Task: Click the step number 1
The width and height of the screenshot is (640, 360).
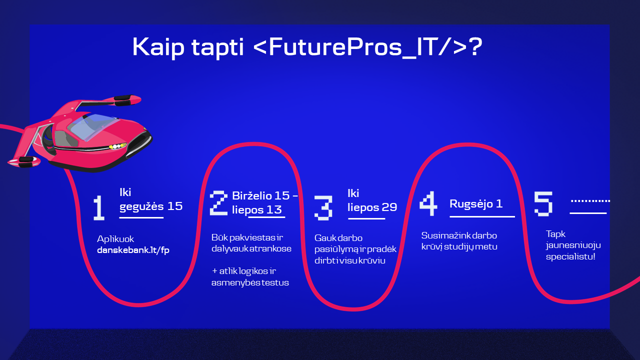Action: (x=99, y=207)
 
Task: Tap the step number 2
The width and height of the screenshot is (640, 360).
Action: (x=218, y=203)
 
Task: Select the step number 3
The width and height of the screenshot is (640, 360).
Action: (x=323, y=208)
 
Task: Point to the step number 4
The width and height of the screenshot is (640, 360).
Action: (x=428, y=203)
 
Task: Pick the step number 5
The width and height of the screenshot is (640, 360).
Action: (x=543, y=203)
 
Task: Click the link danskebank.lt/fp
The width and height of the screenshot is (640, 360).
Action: (x=133, y=250)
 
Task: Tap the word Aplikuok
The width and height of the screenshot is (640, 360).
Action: (x=115, y=239)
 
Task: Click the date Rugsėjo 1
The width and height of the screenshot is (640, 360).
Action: (x=476, y=203)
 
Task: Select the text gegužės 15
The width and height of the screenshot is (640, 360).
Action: (x=151, y=206)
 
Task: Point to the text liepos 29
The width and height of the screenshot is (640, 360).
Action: (x=372, y=207)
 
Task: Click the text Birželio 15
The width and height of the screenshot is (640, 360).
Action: (x=261, y=195)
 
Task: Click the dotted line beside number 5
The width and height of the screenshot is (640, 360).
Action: (x=590, y=201)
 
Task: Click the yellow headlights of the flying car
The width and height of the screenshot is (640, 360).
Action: (x=117, y=146)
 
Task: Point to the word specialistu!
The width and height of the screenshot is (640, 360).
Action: (x=570, y=256)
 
